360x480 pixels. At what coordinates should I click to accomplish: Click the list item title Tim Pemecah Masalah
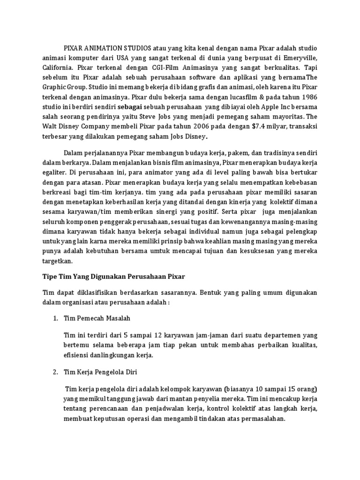coord(97,318)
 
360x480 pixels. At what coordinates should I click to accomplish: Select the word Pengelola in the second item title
coord(102,372)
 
